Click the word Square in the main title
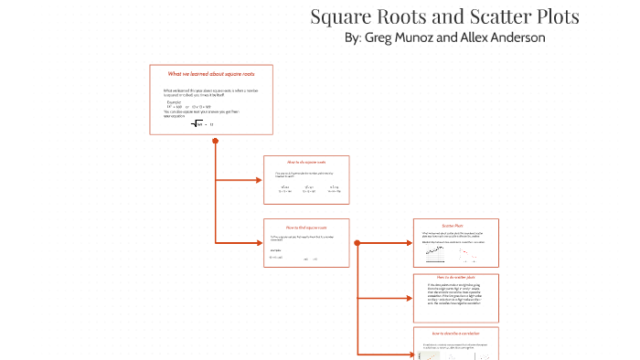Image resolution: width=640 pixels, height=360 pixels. (341, 16)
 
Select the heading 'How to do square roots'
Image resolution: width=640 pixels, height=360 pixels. (306, 162)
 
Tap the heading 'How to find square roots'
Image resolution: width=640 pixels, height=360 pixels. (306, 227)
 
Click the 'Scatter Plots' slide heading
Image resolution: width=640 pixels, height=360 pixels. (454, 225)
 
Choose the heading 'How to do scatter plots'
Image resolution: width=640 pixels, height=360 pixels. (454, 277)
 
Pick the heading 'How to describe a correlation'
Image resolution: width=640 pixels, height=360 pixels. (454, 334)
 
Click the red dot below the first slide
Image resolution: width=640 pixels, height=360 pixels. (215, 141)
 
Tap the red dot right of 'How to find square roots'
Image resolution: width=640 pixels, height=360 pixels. (357, 243)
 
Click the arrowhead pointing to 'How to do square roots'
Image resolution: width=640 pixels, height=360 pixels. (259, 180)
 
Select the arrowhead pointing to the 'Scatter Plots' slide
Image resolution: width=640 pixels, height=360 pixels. (408, 243)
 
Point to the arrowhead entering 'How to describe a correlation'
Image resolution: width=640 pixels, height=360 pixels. (408, 353)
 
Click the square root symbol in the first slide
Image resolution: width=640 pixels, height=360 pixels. (197, 123)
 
